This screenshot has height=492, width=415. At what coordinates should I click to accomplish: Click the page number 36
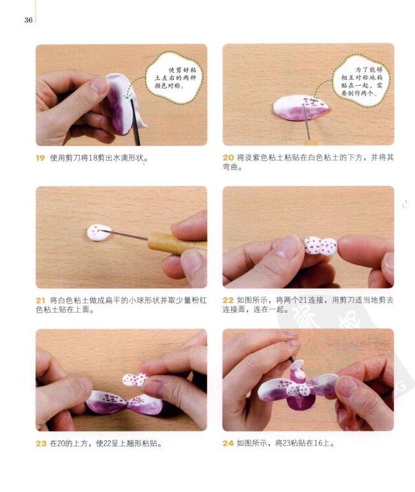tap(28, 20)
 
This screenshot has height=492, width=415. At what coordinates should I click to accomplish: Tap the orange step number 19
tap(40, 158)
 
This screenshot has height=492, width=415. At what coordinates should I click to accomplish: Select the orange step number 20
tap(228, 158)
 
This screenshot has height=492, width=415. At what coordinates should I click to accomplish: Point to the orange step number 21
tap(40, 300)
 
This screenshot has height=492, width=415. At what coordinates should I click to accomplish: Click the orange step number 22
tap(228, 300)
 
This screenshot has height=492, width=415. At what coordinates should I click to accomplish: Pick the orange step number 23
tap(41, 443)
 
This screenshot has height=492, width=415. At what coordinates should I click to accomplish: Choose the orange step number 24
tap(228, 443)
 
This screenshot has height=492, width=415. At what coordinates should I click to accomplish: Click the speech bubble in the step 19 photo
tap(175, 78)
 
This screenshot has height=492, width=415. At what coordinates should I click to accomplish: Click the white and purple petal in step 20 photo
tap(301, 108)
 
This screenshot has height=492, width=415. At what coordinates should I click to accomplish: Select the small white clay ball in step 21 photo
tap(98, 232)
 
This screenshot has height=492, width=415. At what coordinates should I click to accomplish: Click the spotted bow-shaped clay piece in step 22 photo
tap(320, 246)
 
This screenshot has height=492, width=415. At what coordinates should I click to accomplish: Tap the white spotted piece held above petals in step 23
tap(135, 379)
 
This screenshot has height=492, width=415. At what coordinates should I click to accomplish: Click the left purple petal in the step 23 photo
tap(106, 402)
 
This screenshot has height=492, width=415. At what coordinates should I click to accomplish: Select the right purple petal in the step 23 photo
tap(145, 404)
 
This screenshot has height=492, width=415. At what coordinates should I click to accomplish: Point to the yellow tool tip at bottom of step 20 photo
tap(310, 143)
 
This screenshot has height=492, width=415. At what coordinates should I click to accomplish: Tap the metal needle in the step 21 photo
tap(123, 234)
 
